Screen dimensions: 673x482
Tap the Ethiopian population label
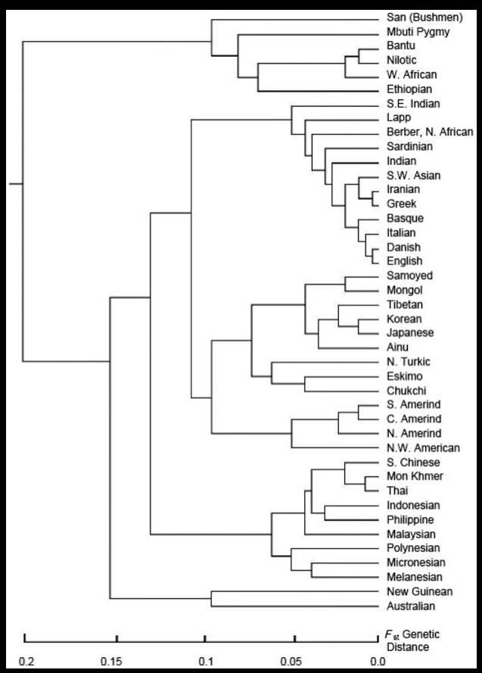[406, 89]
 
